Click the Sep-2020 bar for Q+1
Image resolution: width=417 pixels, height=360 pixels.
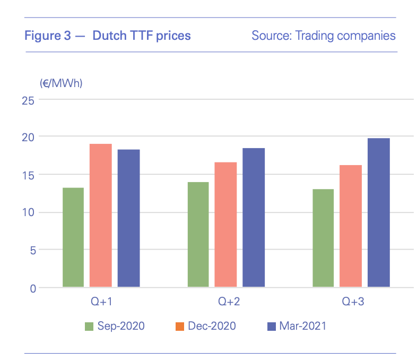coord(73,237)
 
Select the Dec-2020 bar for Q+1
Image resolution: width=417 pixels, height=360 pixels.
coord(101,216)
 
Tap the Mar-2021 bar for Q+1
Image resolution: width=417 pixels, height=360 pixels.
coord(128,218)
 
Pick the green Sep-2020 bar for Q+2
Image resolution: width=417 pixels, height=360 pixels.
coord(198,235)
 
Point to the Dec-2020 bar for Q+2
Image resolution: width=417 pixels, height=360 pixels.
coord(225,225)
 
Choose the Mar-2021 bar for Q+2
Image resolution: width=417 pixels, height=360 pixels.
coord(254,218)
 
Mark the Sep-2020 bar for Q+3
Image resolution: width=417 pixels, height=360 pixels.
coord(323,238)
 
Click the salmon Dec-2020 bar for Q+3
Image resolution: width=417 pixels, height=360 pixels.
coord(351,226)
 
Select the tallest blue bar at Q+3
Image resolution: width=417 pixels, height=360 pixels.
coord(379,212)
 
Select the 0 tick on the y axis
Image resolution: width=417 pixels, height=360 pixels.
coord(32,288)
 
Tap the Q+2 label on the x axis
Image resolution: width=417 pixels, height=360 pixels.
coord(229,302)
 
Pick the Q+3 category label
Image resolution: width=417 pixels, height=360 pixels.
coord(353,302)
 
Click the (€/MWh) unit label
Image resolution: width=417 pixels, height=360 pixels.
coord(61,83)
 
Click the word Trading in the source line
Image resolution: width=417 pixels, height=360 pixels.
coord(313,36)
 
